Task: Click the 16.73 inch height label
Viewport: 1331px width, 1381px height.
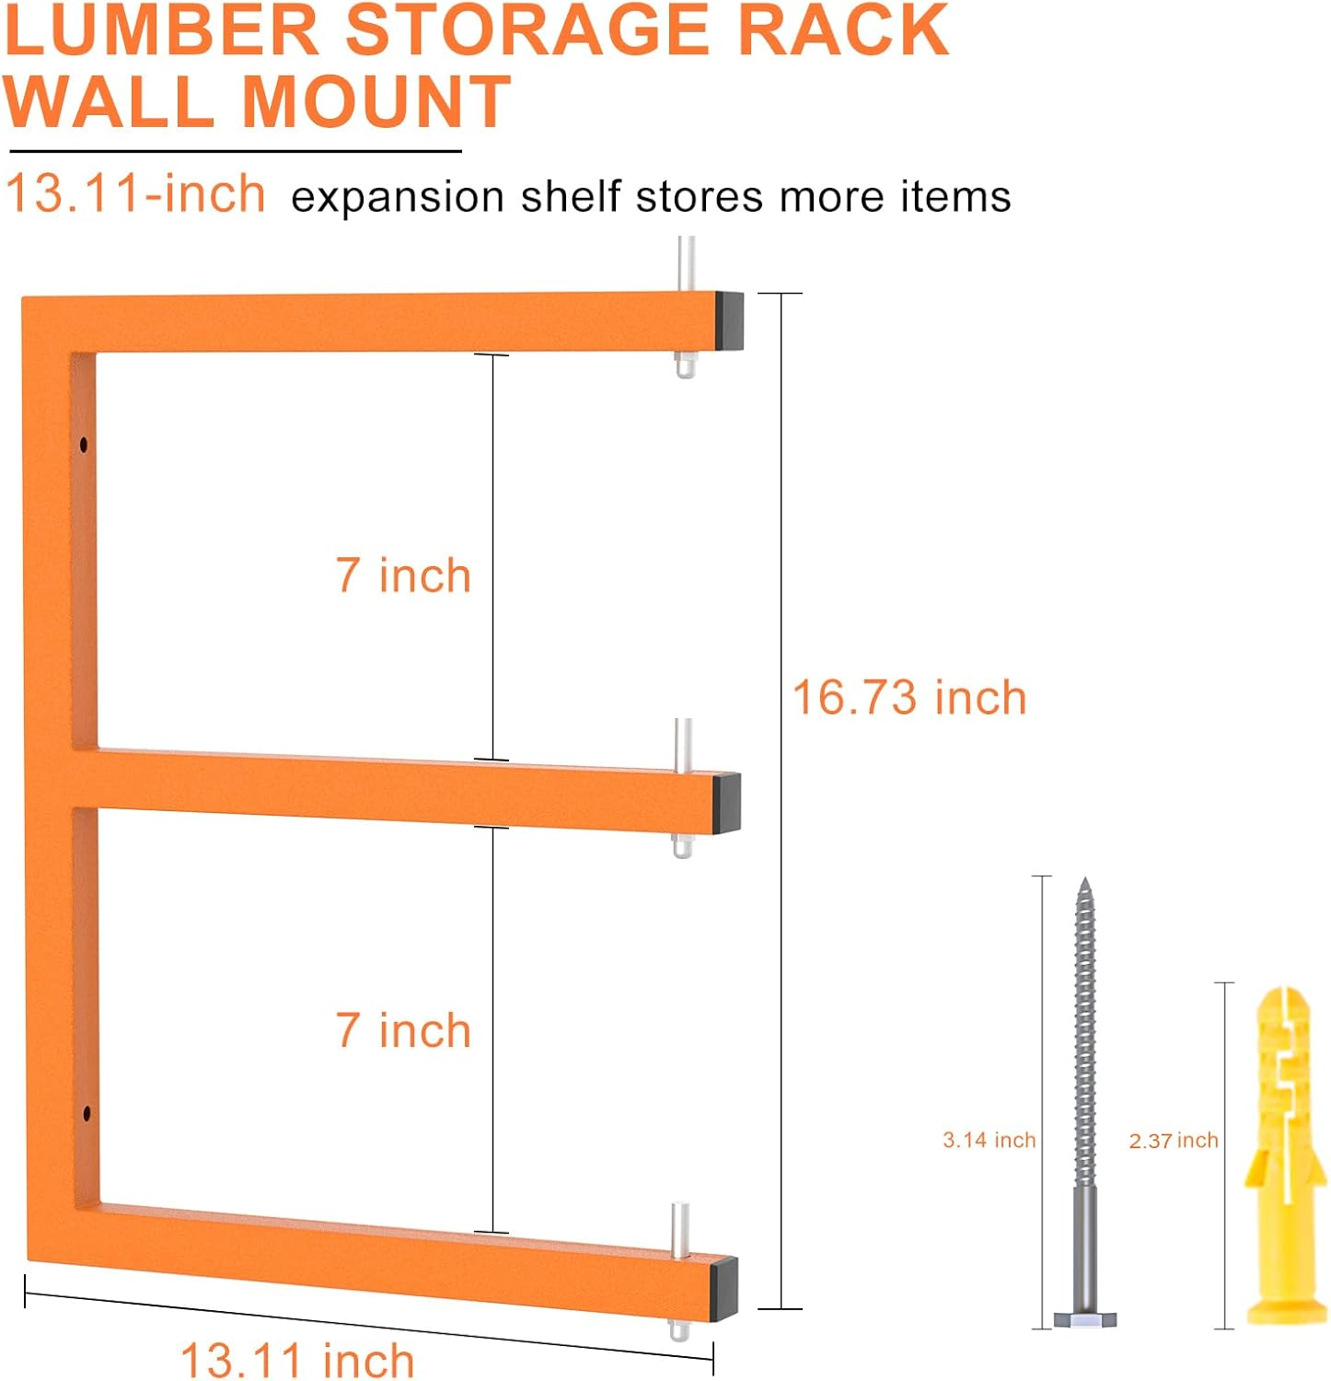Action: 909,697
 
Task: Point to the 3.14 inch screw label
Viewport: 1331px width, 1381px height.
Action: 989,1140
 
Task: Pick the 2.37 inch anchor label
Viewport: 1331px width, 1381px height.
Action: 1173,1141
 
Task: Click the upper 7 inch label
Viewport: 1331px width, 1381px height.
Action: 403,575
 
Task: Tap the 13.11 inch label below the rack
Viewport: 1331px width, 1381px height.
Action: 297,1360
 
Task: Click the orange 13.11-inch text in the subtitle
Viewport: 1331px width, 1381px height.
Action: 135,193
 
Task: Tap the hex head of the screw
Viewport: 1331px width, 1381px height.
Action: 1085,1318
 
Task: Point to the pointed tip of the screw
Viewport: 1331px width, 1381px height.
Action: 1084,884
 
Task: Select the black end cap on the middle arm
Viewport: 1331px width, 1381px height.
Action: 727,802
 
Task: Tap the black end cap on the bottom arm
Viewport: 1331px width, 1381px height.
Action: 724,1288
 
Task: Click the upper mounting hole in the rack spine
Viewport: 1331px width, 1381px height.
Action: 85,446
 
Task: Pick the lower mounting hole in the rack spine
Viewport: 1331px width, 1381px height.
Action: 87,1114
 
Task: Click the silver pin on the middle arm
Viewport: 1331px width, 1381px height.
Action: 682,744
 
